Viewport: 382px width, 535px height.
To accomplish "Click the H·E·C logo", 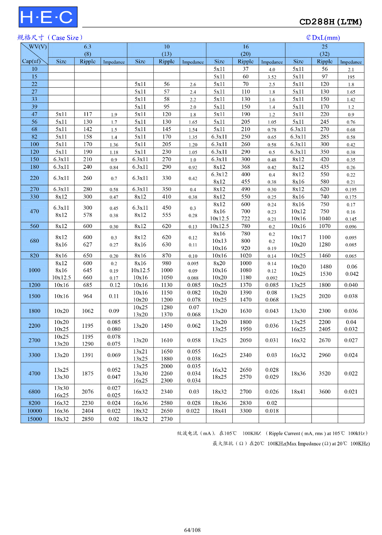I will click(x=48, y=17).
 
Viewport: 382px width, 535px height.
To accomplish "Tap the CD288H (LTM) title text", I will click(x=330, y=22).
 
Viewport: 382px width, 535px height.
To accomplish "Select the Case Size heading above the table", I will click(x=50, y=37).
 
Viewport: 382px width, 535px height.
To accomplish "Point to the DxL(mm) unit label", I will click(x=323, y=37).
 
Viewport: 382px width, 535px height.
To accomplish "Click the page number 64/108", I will click(x=192, y=530).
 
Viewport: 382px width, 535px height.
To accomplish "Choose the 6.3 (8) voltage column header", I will click(x=88, y=50).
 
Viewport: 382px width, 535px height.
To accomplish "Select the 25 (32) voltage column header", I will click(x=325, y=50).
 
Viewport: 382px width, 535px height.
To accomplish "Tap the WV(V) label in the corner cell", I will click(x=38, y=46).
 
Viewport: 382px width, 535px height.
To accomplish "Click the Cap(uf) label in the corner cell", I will click(x=31, y=61).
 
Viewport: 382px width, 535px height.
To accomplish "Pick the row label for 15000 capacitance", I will click(x=34, y=419).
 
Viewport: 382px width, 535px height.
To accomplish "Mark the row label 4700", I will click(x=34, y=373).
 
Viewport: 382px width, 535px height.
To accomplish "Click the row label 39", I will click(x=34, y=107).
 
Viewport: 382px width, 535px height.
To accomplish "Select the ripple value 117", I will click(x=88, y=114).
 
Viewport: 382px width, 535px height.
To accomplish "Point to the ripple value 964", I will click(x=88, y=296).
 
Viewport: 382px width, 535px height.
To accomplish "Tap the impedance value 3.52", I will click(x=272, y=77).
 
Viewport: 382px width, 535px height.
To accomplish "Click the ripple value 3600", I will click(x=325, y=392).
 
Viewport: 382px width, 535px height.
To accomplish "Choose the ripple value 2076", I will click(x=88, y=392).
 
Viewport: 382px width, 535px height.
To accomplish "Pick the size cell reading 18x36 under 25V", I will click(x=298, y=373).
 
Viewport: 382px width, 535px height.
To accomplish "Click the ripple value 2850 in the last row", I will click(x=88, y=419).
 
